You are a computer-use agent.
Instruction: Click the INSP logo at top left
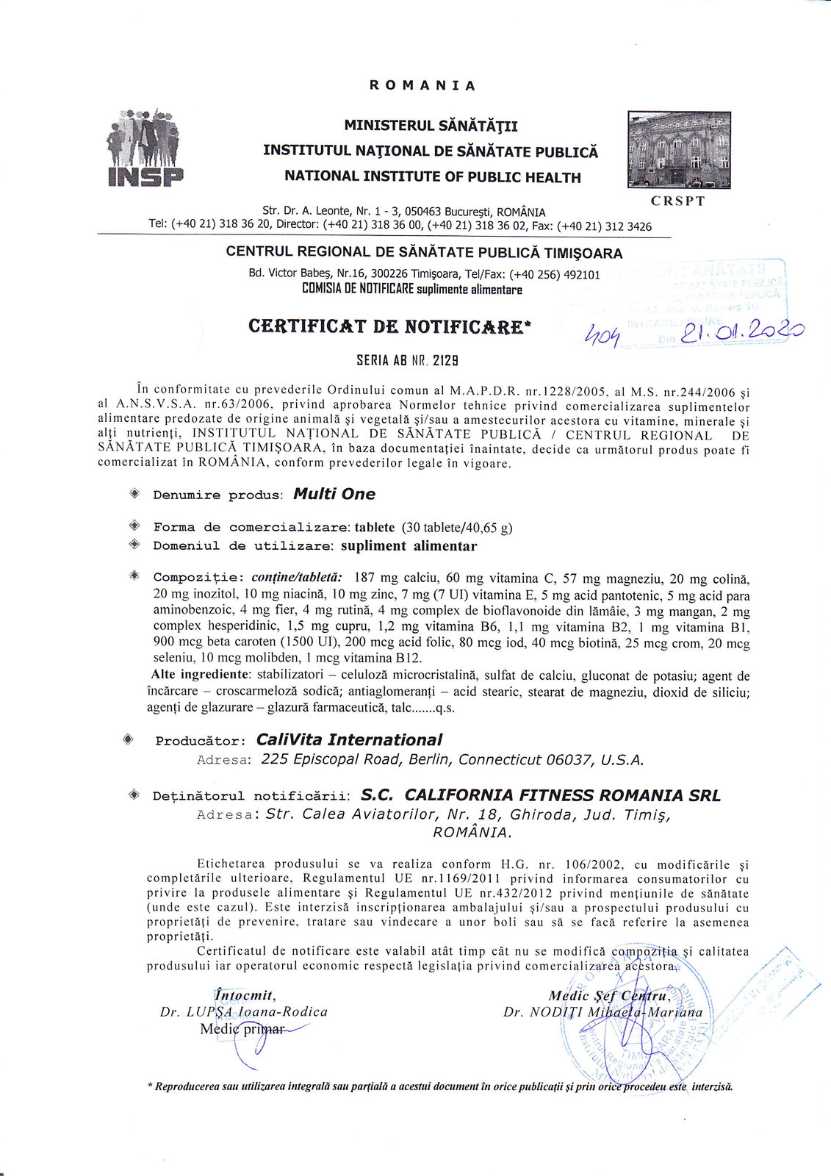coord(145,148)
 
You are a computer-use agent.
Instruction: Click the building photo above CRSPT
coord(679,150)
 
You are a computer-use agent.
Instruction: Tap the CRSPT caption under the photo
coord(677,201)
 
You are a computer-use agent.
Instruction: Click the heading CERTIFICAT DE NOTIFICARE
coord(389,326)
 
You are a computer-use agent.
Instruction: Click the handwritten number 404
coord(602,337)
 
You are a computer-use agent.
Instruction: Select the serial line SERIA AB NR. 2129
coord(407,360)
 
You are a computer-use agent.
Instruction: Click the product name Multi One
coord(334,494)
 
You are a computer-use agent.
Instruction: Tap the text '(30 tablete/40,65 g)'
coord(457,527)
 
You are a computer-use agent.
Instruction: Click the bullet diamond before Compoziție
coord(134,576)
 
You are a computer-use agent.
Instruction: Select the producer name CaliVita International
coord(349,739)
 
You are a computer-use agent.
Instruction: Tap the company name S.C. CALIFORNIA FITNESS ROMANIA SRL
coord(541,795)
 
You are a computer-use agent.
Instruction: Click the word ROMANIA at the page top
coord(422,85)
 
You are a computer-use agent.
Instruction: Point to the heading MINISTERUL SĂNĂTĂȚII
coord(431,126)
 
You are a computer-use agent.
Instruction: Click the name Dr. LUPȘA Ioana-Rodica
coord(244,1011)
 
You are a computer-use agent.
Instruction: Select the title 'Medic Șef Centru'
coord(609,996)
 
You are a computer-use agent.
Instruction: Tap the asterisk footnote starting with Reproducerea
coord(440,1086)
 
